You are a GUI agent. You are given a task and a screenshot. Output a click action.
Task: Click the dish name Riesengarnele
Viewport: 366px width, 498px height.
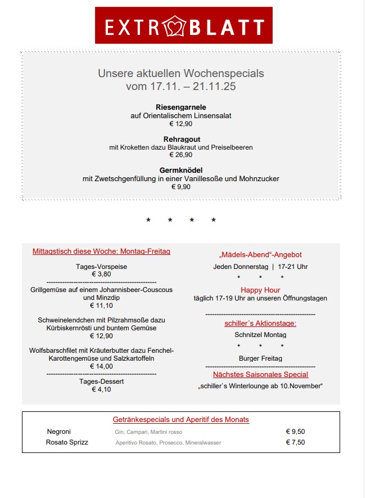point(181,107)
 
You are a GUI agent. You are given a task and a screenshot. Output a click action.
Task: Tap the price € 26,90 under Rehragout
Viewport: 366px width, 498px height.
point(181,155)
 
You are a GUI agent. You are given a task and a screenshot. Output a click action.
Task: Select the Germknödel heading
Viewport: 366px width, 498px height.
point(181,170)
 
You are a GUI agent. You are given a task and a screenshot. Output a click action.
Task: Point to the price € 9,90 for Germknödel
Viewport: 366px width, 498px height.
point(181,187)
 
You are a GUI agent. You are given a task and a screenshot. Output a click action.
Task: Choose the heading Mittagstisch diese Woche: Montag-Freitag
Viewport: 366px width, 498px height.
point(101,252)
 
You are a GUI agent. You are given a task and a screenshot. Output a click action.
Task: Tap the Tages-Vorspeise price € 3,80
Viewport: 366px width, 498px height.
point(101,274)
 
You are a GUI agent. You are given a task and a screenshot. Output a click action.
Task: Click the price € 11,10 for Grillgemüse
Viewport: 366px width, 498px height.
point(101,306)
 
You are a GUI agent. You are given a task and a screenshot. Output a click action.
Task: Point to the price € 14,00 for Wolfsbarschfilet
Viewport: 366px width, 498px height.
point(101,366)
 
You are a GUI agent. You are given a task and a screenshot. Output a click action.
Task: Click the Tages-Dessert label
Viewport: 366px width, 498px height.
point(101,381)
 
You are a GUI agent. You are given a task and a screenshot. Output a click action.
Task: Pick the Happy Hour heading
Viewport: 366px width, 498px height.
point(260,290)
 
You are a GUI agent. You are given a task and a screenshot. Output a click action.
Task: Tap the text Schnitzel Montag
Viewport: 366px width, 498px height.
point(260,335)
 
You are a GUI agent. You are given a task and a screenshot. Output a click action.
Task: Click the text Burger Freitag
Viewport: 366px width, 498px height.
point(260,358)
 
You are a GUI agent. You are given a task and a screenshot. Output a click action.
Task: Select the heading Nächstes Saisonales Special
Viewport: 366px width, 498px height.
point(260,374)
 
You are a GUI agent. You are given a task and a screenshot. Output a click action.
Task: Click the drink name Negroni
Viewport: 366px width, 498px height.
point(59,432)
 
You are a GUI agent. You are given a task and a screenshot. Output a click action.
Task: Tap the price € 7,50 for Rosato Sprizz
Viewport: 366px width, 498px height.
point(295,442)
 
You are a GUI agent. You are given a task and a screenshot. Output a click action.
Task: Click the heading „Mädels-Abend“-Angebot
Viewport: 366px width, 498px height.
point(260,255)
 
